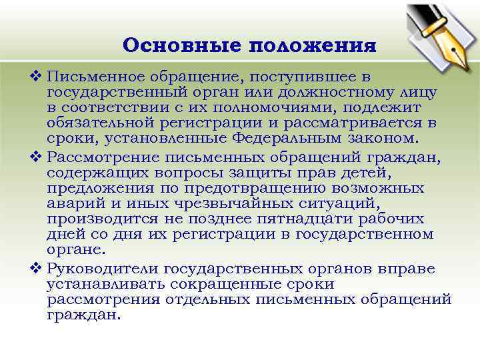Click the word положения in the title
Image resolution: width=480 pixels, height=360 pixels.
pos(313,46)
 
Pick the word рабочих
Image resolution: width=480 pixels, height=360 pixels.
pos(389,220)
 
